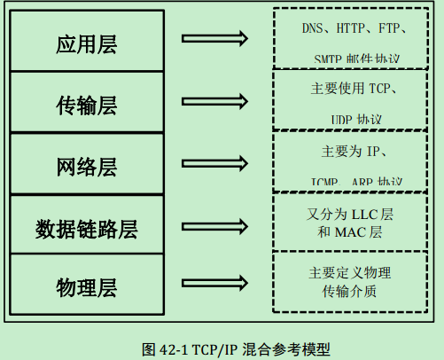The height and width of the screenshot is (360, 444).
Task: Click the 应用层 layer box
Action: pyautogui.click(x=87, y=42)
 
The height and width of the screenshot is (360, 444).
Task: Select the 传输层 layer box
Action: pyautogui.click(x=87, y=105)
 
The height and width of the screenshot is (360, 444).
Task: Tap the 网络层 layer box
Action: pyautogui.click(x=87, y=166)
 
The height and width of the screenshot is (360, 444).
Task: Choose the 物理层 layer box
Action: pyautogui.click(x=87, y=287)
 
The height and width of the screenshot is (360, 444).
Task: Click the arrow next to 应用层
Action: pyautogui.click(x=213, y=39)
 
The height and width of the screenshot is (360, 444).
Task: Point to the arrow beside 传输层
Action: pyautogui.click(x=213, y=102)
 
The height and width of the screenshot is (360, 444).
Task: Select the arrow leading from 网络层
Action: pyautogui.click(x=213, y=163)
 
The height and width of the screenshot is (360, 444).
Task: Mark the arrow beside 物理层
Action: pyautogui.click(x=213, y=286)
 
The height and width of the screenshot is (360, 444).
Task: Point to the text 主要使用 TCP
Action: pyautogui.click(x=353, y=89)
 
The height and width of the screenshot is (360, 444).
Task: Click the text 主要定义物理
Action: pyautogui.click(x=350, y=272)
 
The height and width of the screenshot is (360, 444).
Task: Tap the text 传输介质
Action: pyautogui.click(x=350, y=291)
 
